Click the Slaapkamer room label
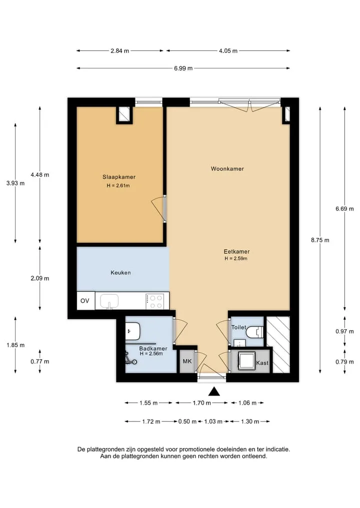tap(118, 177)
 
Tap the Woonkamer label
tap(227, 168)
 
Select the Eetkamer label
tap(236, 251)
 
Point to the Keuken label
tap(120, 273)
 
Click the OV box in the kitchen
tap(85, 301)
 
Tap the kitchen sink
tap(109, 301)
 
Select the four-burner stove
tap(154, 301)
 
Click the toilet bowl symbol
tap(254, 332)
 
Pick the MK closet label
tap(187, 361)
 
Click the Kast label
tap(262, 363)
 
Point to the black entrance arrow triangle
tap(214, 392)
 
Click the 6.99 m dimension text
tap(183, 68)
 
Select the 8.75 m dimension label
tap(320, 240)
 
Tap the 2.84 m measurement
tap(119, 51)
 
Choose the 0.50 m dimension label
tap(187, 422)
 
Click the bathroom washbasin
tap(132, 331)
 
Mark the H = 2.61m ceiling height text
tap(118, 186)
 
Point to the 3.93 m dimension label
tap(15, 183)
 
